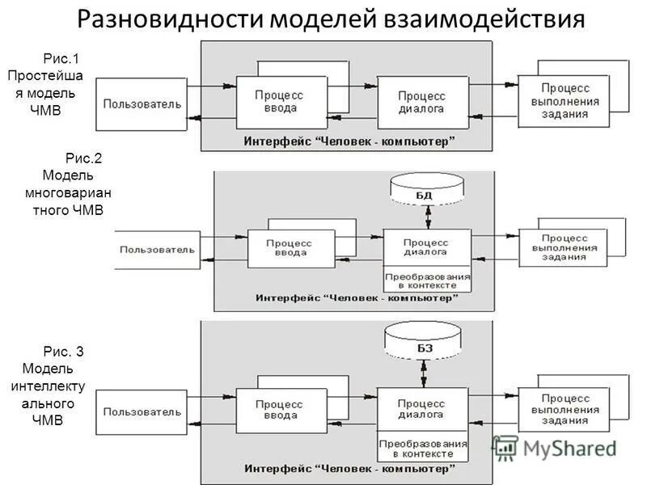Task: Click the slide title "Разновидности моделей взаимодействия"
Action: pos(330,19)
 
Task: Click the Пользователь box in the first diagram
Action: pos(143,104)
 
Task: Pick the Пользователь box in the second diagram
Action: pos(158,249)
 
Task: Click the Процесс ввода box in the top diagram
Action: pos(280,102)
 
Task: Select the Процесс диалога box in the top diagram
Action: pos(422,102)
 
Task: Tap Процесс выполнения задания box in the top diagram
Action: pos(564,99)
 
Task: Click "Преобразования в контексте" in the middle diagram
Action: pos(426,280)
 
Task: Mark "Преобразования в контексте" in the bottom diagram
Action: pos(422,449)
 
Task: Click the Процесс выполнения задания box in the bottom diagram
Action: pos(563,410)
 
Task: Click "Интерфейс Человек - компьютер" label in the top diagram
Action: pos(349,141)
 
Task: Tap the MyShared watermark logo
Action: pos(558,447)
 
